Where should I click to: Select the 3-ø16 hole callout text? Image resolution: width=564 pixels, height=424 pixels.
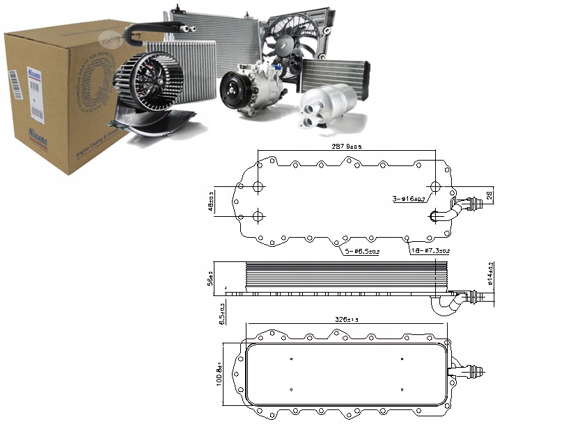[x=409, y=199]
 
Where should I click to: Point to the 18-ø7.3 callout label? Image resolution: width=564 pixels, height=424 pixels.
[x=430, y=250]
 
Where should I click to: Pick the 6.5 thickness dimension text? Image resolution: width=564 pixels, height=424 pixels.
[x=221, y=313]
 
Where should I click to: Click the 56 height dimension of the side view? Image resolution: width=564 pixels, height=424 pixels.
[x=210, y=278]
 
